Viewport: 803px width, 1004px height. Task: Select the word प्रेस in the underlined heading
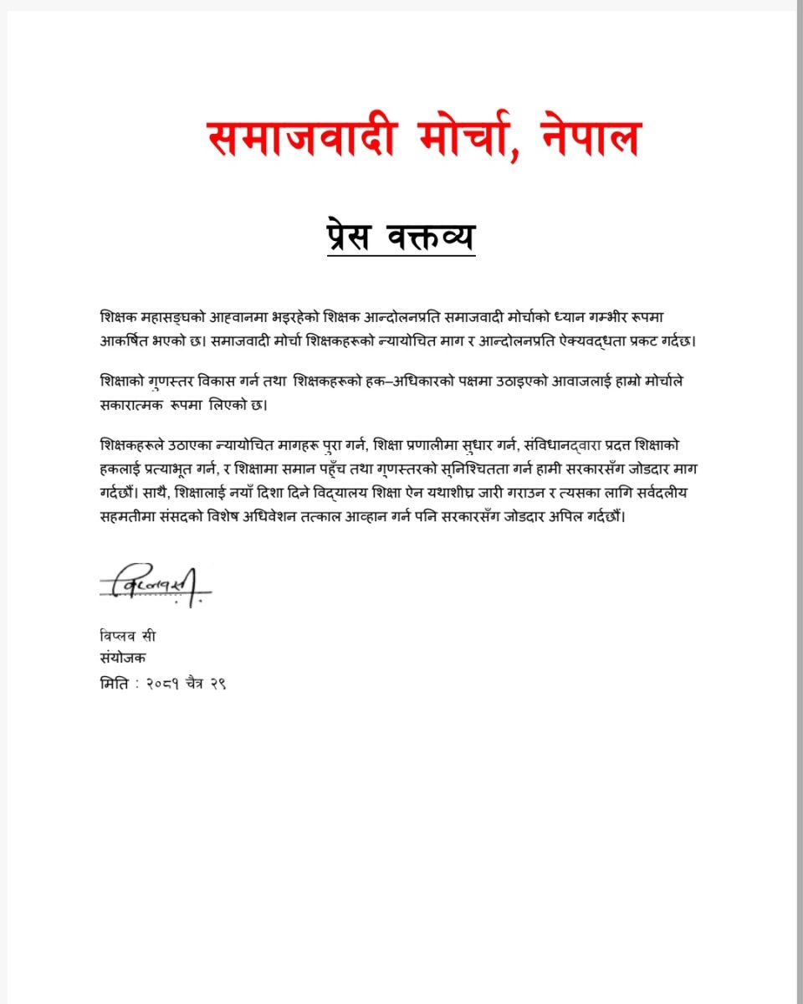(x=354, y=235)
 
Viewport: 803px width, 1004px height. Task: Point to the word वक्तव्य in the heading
(x=430, y=235)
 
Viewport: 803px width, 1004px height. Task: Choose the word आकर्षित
(x=126, y=341)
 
